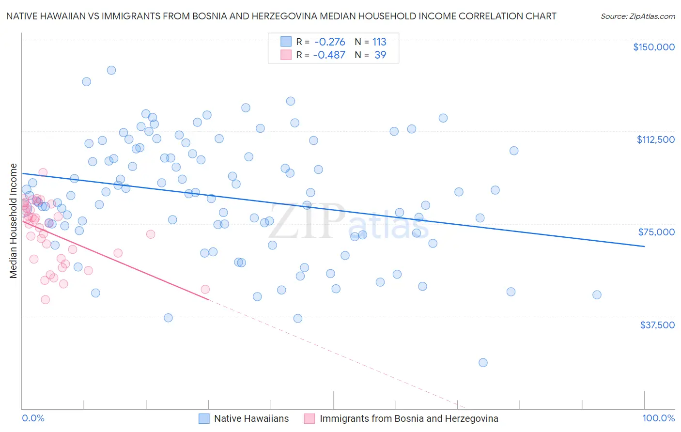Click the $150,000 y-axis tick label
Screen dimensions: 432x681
click(x=653, y=47)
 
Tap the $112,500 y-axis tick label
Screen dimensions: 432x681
click(x=655, y=139)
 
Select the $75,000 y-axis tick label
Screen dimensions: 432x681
click(x=656, y=232)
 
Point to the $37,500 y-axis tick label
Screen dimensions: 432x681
click(x=657, y=325)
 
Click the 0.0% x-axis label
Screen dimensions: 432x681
click(x=33, y=418)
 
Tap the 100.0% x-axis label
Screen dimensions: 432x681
click(x=658, y=418)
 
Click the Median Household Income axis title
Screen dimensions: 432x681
click(x=13, y=221)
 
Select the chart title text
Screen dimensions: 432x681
click(x=281, y=16)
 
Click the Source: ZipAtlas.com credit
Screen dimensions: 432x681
click(x=637, y=16)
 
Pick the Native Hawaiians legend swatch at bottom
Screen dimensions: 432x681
click(x=204, y=418)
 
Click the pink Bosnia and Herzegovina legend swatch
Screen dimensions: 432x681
click(x=310, y=418)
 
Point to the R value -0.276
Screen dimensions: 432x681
click(x=329, y=42)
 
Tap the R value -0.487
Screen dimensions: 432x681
click(x=329, y=55)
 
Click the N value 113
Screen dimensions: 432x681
click(x=379, y=42)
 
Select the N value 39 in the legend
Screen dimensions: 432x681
click(x=380, y=55)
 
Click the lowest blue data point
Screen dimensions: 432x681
click(x=483, y=363)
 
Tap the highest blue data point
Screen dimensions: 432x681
click(x=111, y=70)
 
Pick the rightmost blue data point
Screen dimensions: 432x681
click(x=597, y=295)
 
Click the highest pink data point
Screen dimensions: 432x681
click(x=43, y=172)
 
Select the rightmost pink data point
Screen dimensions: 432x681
click(x=205, y=289)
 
